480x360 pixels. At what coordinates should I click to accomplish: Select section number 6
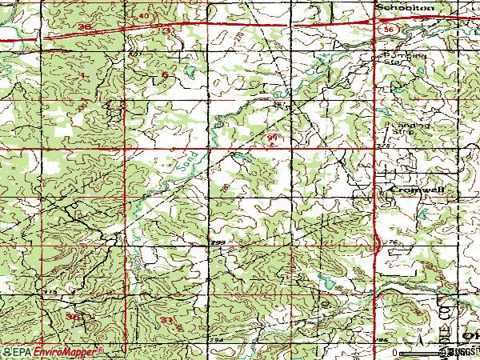pyautogui.click(x=165, y=75)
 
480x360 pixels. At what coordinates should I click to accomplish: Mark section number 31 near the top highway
pyautogui.click(x=168, y=30)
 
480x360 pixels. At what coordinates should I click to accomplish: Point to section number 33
pyautogui.click(x=166, y=320)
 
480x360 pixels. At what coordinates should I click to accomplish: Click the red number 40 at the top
pyautogui.click(x=144, y=15)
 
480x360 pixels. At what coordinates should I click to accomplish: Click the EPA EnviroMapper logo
pyautogui.click(x=52, y=351)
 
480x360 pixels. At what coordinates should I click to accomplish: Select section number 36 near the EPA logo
pyautogui.click(x=74, y=318)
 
